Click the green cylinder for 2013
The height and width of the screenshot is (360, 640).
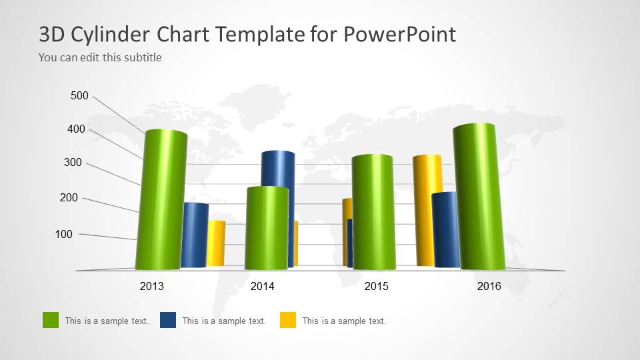[161, 200]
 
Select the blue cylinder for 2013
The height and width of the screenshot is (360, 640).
[195, 235]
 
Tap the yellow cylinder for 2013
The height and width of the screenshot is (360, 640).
[217, 243]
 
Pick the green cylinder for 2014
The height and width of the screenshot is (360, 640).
[267, 228]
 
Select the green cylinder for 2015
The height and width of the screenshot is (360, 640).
[373, 212]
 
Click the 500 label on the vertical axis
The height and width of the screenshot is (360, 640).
[79, 96]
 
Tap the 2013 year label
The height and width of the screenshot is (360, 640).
[151, 287]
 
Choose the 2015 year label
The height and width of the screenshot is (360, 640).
[376, 287]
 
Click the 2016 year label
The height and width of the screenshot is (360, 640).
[489, 287]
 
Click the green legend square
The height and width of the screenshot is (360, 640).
[51, 320]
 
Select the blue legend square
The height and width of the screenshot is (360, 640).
[168, 320]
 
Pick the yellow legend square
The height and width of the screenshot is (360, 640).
[288, 320]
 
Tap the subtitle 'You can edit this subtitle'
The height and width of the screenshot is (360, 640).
[100, 57]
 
